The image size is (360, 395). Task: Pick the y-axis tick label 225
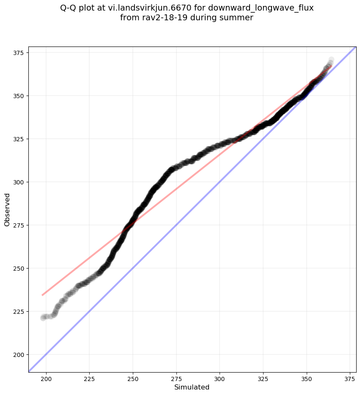(x=20, y=311)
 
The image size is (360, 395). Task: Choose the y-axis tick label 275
(x=20, y=225)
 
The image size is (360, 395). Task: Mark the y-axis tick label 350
(x=20, y=96)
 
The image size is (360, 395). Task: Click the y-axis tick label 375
(x=20, y=52)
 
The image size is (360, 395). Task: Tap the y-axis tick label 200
(x=20, y=354)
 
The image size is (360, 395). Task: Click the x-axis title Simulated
(x=192, y=387)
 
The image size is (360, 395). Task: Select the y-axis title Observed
(x=7, y=209)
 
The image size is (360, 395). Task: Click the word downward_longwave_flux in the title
(x=261, y=8)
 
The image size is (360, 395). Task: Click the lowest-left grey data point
(x=43, y=318)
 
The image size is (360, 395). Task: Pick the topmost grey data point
(x=331, y=60)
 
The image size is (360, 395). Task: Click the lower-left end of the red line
(x=42, y=295)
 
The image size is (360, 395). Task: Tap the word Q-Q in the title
(x=70, y=8)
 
